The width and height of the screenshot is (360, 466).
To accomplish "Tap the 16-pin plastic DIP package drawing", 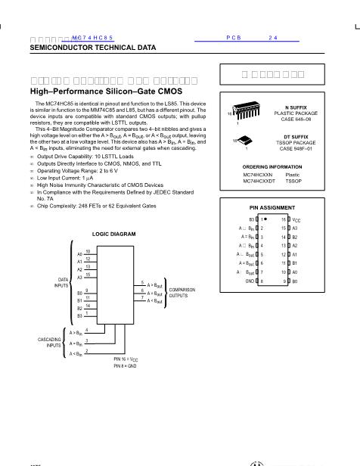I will (x=243, y=113).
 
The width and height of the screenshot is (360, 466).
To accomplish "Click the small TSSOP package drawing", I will (x=243, y=141).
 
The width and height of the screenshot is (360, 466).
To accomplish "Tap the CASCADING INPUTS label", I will (x=48, y=342).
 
